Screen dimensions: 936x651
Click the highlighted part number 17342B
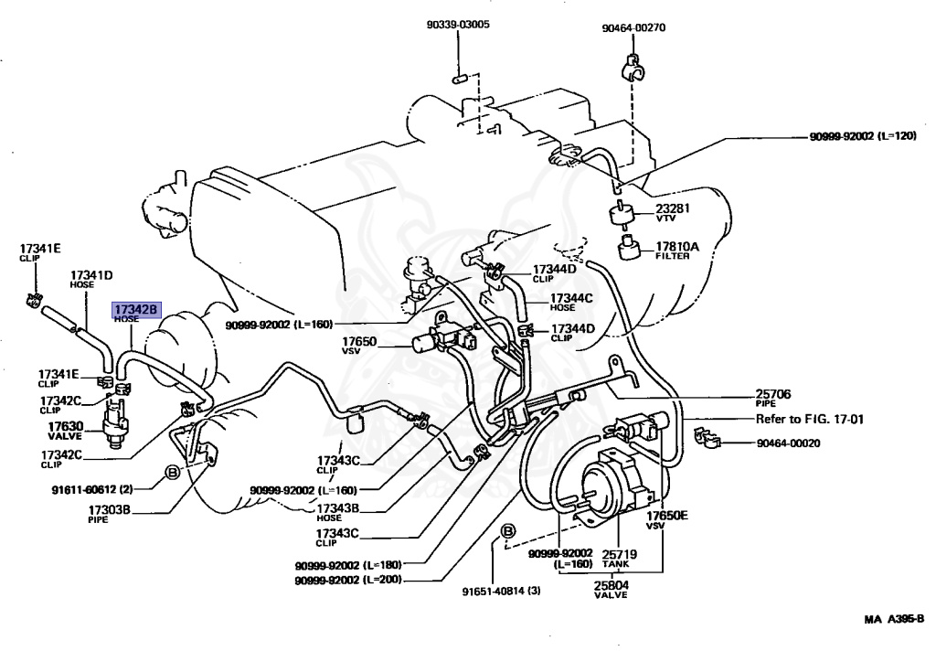pyautogui.click(x=136, y=309)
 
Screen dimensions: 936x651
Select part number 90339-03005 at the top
pyautogui.click(x=458, y=25)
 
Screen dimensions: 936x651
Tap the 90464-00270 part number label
pyautogui.click(x=633, y=27)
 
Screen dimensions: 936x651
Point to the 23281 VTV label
pyautogui.click(x=672, y=212)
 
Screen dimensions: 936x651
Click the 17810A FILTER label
pyautogui.click(x=676, y=251)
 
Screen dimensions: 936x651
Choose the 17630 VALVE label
pyautogui.click(x=65, y=431)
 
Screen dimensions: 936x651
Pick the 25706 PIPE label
pyautogui.click(x=772, y=398)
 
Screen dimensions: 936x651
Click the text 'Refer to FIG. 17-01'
pyautogui.click(x=810, y=419)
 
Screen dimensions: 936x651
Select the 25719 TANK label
pyautogui.click(x=619, y=559)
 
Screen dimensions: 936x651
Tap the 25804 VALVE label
pyautogui.click(x=611, y=590)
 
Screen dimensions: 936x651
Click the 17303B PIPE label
pyautogui.click(x=109, y=514)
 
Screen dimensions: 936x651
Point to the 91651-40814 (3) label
pyautogui.click(x=502, y=592)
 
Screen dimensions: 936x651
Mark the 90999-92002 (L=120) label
pyautogui.click(x=863, y=136)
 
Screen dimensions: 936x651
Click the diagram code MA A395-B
pyautogui.click(x=894, y=619)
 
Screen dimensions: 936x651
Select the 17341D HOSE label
pyautogui.click(x=91, y=280)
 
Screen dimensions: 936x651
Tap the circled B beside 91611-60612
pyautogui.click(x=172, y=473)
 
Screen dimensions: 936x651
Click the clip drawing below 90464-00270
pyautogui.click(x=633, y=68)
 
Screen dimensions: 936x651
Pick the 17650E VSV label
pyautogui.click(x=666, y=519)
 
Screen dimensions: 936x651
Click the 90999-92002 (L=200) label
pyautogui.click(x=348, y=580)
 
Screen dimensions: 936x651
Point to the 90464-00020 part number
pyautogui.click(x=788, y=443)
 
